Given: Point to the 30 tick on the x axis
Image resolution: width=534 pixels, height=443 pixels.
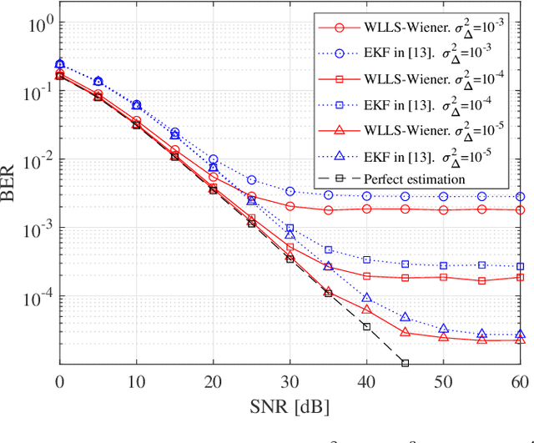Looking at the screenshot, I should [x=290, y=380].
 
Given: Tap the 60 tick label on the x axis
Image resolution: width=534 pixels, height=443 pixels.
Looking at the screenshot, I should [x=520, y=380].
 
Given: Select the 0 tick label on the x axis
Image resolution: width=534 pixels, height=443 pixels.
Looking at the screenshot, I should [x=59, y=380].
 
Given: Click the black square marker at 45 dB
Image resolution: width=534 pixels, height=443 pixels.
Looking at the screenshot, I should [x=405, y=363].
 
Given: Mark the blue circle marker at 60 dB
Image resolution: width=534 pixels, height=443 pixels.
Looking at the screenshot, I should [x=520, y=197].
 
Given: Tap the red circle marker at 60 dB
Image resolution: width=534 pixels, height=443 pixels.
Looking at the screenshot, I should [x=520, y=210].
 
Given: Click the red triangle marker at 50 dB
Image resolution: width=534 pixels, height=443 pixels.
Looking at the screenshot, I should [x=443, y=337].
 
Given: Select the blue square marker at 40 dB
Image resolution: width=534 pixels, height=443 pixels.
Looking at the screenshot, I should [x=366, y=260].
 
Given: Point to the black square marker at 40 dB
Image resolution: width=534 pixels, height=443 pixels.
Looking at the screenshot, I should [x=366, y=326].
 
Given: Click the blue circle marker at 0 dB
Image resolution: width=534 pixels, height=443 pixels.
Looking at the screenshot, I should [x=59, y=63].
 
